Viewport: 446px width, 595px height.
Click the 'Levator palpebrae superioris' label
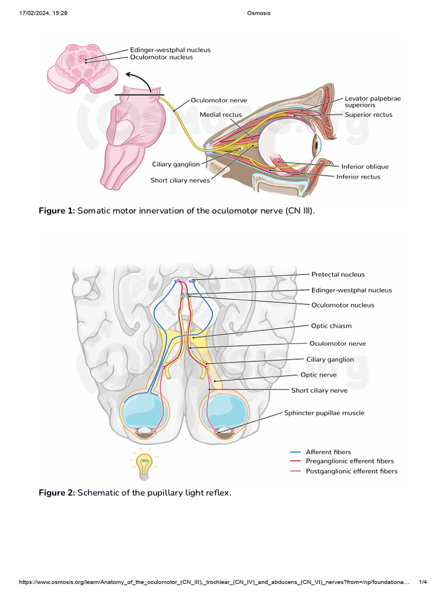click(x=372, y=102)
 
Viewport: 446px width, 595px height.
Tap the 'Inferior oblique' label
click(x=365, y=166)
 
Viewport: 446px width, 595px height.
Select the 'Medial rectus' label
click(x=221, y=114)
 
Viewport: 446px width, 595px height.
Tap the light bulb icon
click(x=143, y=464)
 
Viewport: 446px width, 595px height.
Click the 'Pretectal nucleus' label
click(x=338, y=274)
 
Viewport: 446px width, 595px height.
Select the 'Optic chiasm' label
click(x=331, y=326)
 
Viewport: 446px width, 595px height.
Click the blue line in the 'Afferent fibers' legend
click(x=295, y=452)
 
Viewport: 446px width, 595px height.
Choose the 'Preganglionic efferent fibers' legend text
click(x=350, y=461)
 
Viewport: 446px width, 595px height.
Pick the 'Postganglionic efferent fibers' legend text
click(x=351, y=471)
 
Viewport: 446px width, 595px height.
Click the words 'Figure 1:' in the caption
click(x=56, y=210)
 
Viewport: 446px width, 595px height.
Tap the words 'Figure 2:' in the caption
click(x=56, y=493)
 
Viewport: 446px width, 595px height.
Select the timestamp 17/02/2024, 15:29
click(x=43, y=13)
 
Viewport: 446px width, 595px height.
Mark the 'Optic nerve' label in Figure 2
click(x=318, y=375)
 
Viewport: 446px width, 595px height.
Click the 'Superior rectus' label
click(x=368, y=114)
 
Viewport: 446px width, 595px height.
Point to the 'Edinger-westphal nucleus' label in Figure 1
click(x=170, y=50)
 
